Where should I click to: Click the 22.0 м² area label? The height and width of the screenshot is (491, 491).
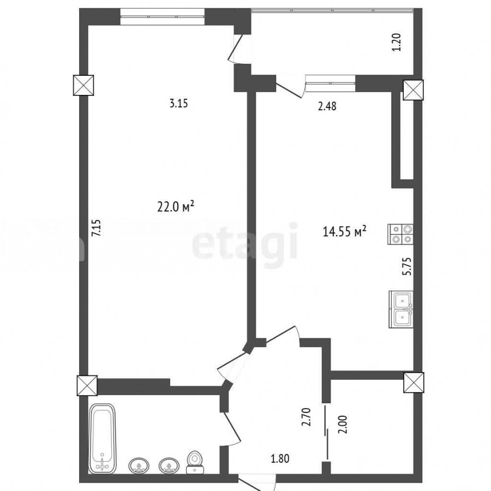176,207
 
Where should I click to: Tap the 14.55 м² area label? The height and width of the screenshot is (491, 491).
344,232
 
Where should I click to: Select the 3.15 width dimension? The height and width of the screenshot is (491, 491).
178,103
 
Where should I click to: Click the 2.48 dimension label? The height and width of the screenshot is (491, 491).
327,106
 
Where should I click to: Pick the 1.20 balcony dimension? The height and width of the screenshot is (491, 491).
397,42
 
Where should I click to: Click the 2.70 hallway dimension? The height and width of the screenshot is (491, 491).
306,417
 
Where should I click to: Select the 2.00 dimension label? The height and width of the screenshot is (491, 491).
343,424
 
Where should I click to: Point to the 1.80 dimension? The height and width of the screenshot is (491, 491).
280,459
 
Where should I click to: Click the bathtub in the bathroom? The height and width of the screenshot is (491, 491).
103,439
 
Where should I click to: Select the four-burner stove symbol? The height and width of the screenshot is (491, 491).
400,234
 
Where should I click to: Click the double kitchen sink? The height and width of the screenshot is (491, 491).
401,309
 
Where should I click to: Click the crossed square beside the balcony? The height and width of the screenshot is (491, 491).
413,90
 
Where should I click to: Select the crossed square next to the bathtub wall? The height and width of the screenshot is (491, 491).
87,386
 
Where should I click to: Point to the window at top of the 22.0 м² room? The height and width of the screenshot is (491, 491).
162,16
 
